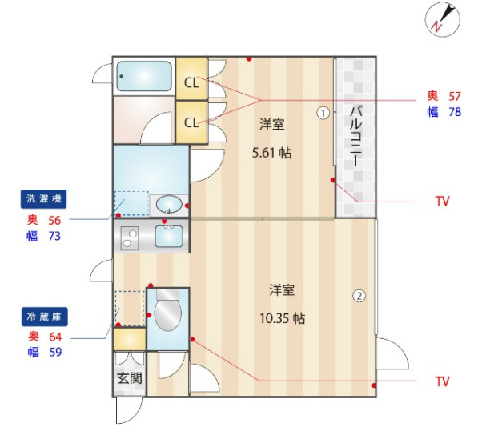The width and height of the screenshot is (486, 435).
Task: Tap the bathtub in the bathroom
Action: point(144,76)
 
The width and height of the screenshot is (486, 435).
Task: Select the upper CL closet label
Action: point(191,82)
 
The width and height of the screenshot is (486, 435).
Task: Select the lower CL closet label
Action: point(191,122)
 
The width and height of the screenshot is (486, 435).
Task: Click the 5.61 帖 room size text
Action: point(272,153)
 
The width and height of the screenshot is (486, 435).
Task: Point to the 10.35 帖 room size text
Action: point(282,317)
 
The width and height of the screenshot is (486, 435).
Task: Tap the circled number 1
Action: point(323,113)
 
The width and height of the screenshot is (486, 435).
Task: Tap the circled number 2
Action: point(359,296)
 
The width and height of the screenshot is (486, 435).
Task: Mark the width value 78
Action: point(454,112)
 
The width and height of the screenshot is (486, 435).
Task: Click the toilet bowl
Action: point(167,315)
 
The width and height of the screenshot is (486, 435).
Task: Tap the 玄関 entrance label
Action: point(129,378)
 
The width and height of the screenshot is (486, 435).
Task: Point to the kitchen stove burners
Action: point(130,237)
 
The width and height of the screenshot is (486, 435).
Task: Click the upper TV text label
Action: point(442,201)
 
